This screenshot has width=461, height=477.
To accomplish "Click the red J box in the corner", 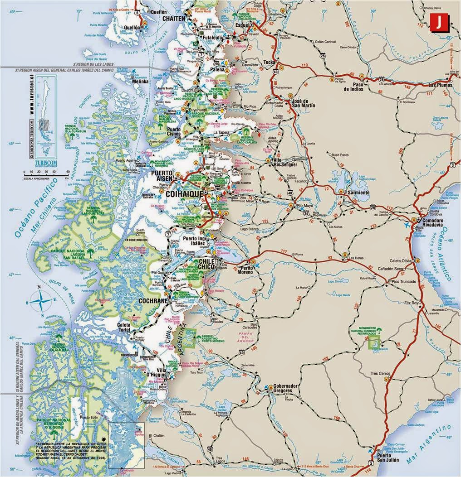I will [x=438, y=22].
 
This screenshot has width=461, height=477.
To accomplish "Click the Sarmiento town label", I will [x=358, y=193].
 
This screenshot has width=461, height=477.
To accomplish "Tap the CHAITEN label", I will [x=172, y=19].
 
